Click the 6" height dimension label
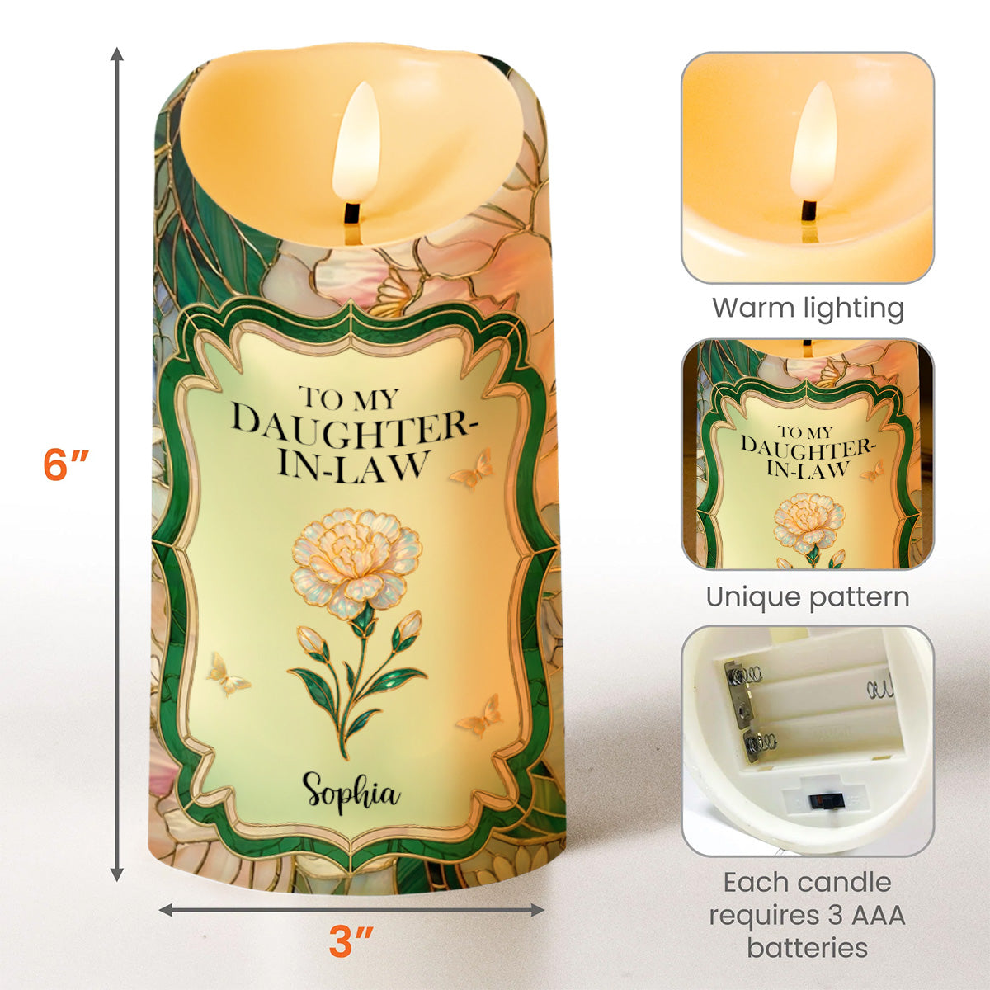click(x=67, y=465)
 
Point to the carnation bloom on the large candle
click(x=356, y=556)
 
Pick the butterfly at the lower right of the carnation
click(x=478, y=714)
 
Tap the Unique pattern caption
click(x=808, y=597)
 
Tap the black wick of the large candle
click(x=352, y=214)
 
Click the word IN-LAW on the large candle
click(x=353, y=466)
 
